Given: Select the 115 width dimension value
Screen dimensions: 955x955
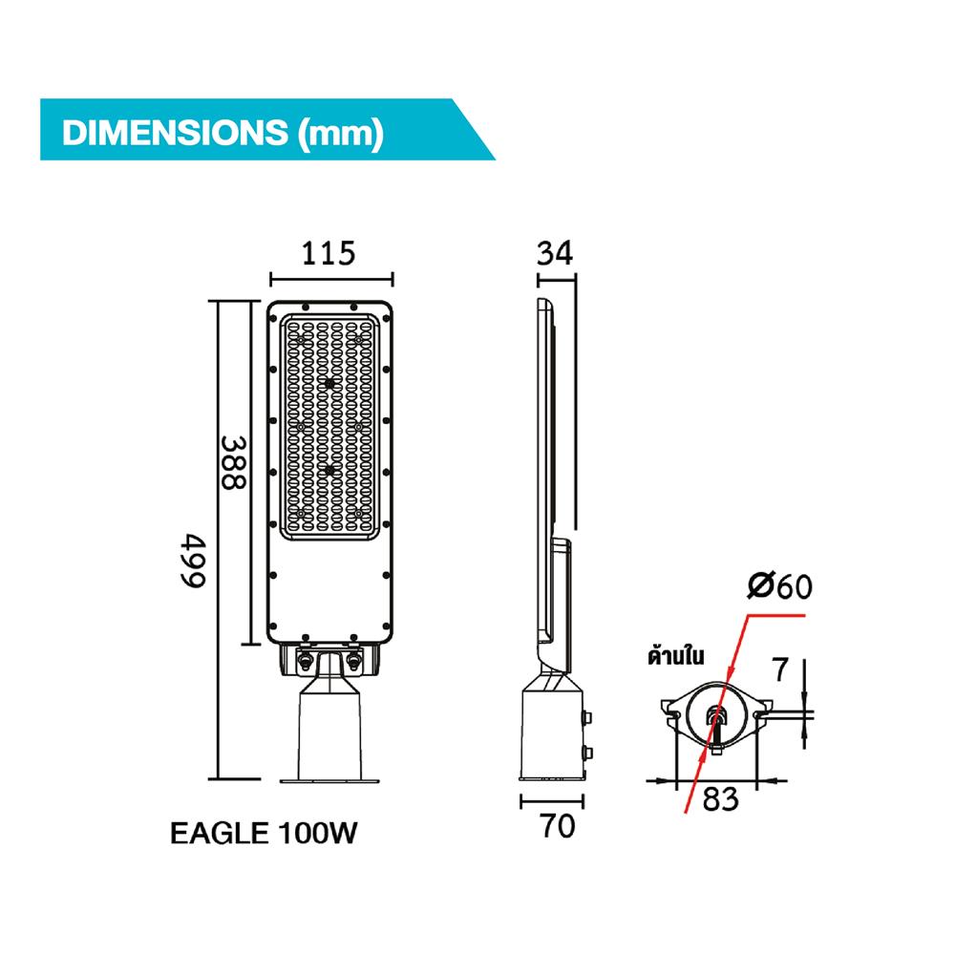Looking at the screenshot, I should click(329, 254).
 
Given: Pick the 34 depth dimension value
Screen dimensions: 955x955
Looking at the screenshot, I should click(555, 253).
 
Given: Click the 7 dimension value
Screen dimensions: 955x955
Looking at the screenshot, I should click(780, 670).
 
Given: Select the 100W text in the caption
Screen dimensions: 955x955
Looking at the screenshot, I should click(319, 834).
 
